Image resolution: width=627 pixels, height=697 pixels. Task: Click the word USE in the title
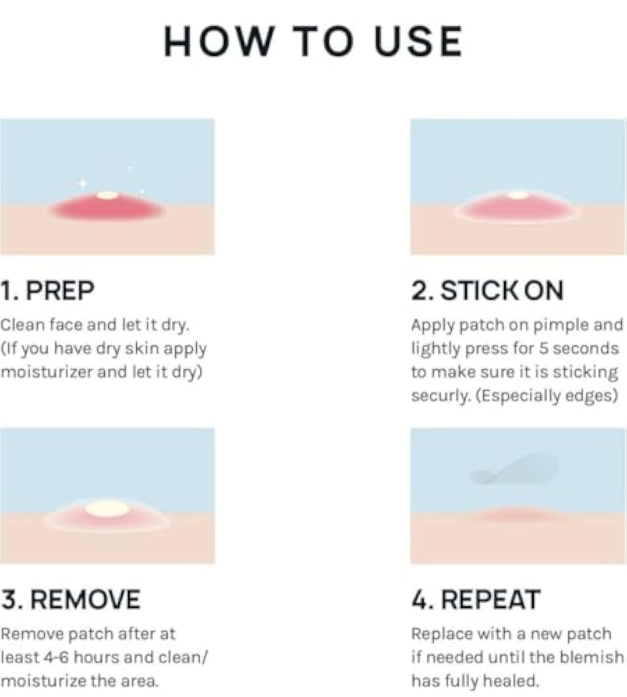[x=418, y=41]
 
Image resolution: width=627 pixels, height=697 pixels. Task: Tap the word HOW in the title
[x=218, y=41]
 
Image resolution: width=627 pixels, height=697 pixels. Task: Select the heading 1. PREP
[x=47, y=290]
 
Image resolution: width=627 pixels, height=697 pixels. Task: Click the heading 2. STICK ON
[x=487, y=290]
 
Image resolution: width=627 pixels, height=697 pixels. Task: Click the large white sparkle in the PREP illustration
[x=83, y=183]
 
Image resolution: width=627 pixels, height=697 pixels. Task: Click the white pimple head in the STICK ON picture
[x=518, y=195]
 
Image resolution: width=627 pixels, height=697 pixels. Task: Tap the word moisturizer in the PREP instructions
[x=47, y=372]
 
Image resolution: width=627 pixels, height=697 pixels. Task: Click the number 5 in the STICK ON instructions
[x=543, y=348]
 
